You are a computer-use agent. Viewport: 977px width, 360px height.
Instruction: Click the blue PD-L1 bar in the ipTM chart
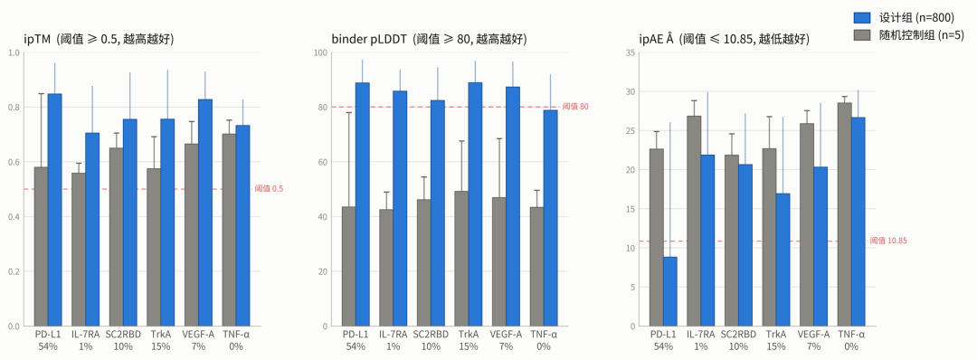[x=54, y=210]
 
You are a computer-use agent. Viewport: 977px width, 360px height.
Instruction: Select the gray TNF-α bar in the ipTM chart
[x=229, y=230]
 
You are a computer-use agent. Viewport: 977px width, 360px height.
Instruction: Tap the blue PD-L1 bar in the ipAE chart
[x=669, y=291]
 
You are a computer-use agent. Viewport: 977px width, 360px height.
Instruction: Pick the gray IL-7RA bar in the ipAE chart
[x=694, y=221]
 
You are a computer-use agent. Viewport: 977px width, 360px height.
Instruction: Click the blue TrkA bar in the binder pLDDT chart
[x=475, y=204]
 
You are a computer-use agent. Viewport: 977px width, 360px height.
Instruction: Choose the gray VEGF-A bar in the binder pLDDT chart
[x=499, y=261]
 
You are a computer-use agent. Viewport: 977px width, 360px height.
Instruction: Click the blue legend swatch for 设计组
[x=860, y=17]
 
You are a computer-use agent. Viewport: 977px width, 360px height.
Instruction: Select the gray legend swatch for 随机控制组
[x=860, y=35]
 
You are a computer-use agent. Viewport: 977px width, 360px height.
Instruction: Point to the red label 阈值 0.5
[x=269, y=189]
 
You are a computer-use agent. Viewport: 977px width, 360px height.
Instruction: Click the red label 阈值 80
[x=575, y=107]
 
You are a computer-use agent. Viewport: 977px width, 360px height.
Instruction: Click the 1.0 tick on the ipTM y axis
[x=13, y=52]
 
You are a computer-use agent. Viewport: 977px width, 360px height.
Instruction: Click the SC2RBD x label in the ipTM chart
[x=123, y=335]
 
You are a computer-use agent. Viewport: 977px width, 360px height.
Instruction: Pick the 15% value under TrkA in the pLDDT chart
[x=468, y=346]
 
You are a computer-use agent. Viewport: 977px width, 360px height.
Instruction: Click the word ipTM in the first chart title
[x=37, y=39]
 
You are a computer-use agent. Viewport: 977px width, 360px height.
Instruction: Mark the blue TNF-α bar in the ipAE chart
[x=858, y=222]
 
